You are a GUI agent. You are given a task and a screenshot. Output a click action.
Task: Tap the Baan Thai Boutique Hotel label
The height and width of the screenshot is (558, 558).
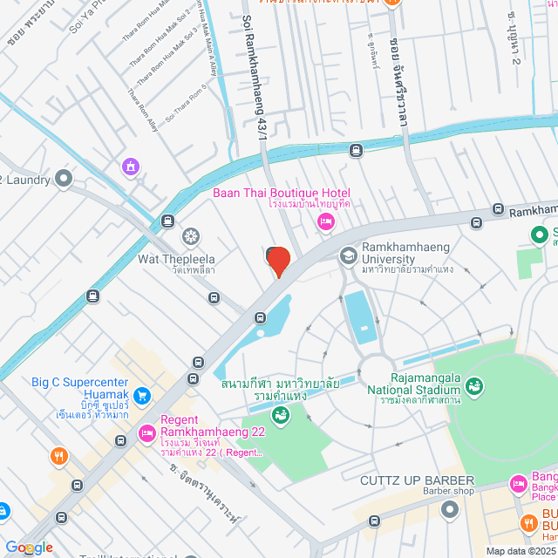(282, 193)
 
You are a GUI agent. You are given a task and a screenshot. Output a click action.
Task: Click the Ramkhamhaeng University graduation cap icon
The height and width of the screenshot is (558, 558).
(348, 256)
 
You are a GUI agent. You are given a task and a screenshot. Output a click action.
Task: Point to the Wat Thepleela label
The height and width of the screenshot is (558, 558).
(176, 259)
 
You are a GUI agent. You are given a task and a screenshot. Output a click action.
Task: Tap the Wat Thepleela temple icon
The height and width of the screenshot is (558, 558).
(190, 236)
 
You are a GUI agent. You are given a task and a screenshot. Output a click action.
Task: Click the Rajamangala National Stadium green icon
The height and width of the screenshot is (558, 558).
(475, 384)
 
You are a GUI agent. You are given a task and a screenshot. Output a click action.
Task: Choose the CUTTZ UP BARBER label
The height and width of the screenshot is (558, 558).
(418, 480)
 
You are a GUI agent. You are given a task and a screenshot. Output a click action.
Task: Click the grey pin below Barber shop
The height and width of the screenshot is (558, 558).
(449, 507)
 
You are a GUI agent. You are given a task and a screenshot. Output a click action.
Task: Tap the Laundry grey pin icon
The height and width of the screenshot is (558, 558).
(63, 180)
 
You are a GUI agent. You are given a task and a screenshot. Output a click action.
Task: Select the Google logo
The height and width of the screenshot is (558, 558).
(27, 548)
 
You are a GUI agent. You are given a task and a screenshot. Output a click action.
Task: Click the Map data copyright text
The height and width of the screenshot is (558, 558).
(520, 551)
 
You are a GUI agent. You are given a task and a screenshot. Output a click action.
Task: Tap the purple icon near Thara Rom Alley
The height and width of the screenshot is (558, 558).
(130, 166)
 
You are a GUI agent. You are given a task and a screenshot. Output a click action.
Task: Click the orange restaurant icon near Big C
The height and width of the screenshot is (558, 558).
(59, 456)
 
